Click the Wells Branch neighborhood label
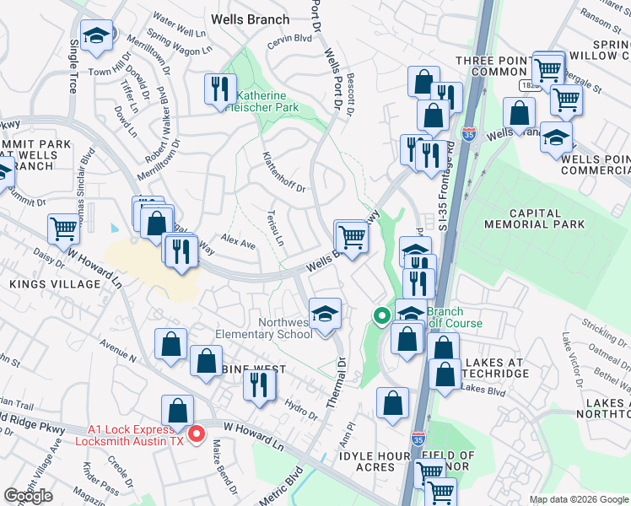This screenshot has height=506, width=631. pos(250,19)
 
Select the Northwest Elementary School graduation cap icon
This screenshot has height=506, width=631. pos(325,315)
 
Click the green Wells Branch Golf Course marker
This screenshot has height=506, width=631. pos(381,316)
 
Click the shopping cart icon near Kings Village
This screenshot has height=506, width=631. pos(64,228)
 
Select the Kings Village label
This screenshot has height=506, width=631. pos(55,284)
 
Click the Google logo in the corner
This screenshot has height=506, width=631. pos(29,495)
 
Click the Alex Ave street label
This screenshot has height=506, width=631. pos(238,243)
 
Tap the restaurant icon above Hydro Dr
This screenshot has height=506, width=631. pos(259,384)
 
